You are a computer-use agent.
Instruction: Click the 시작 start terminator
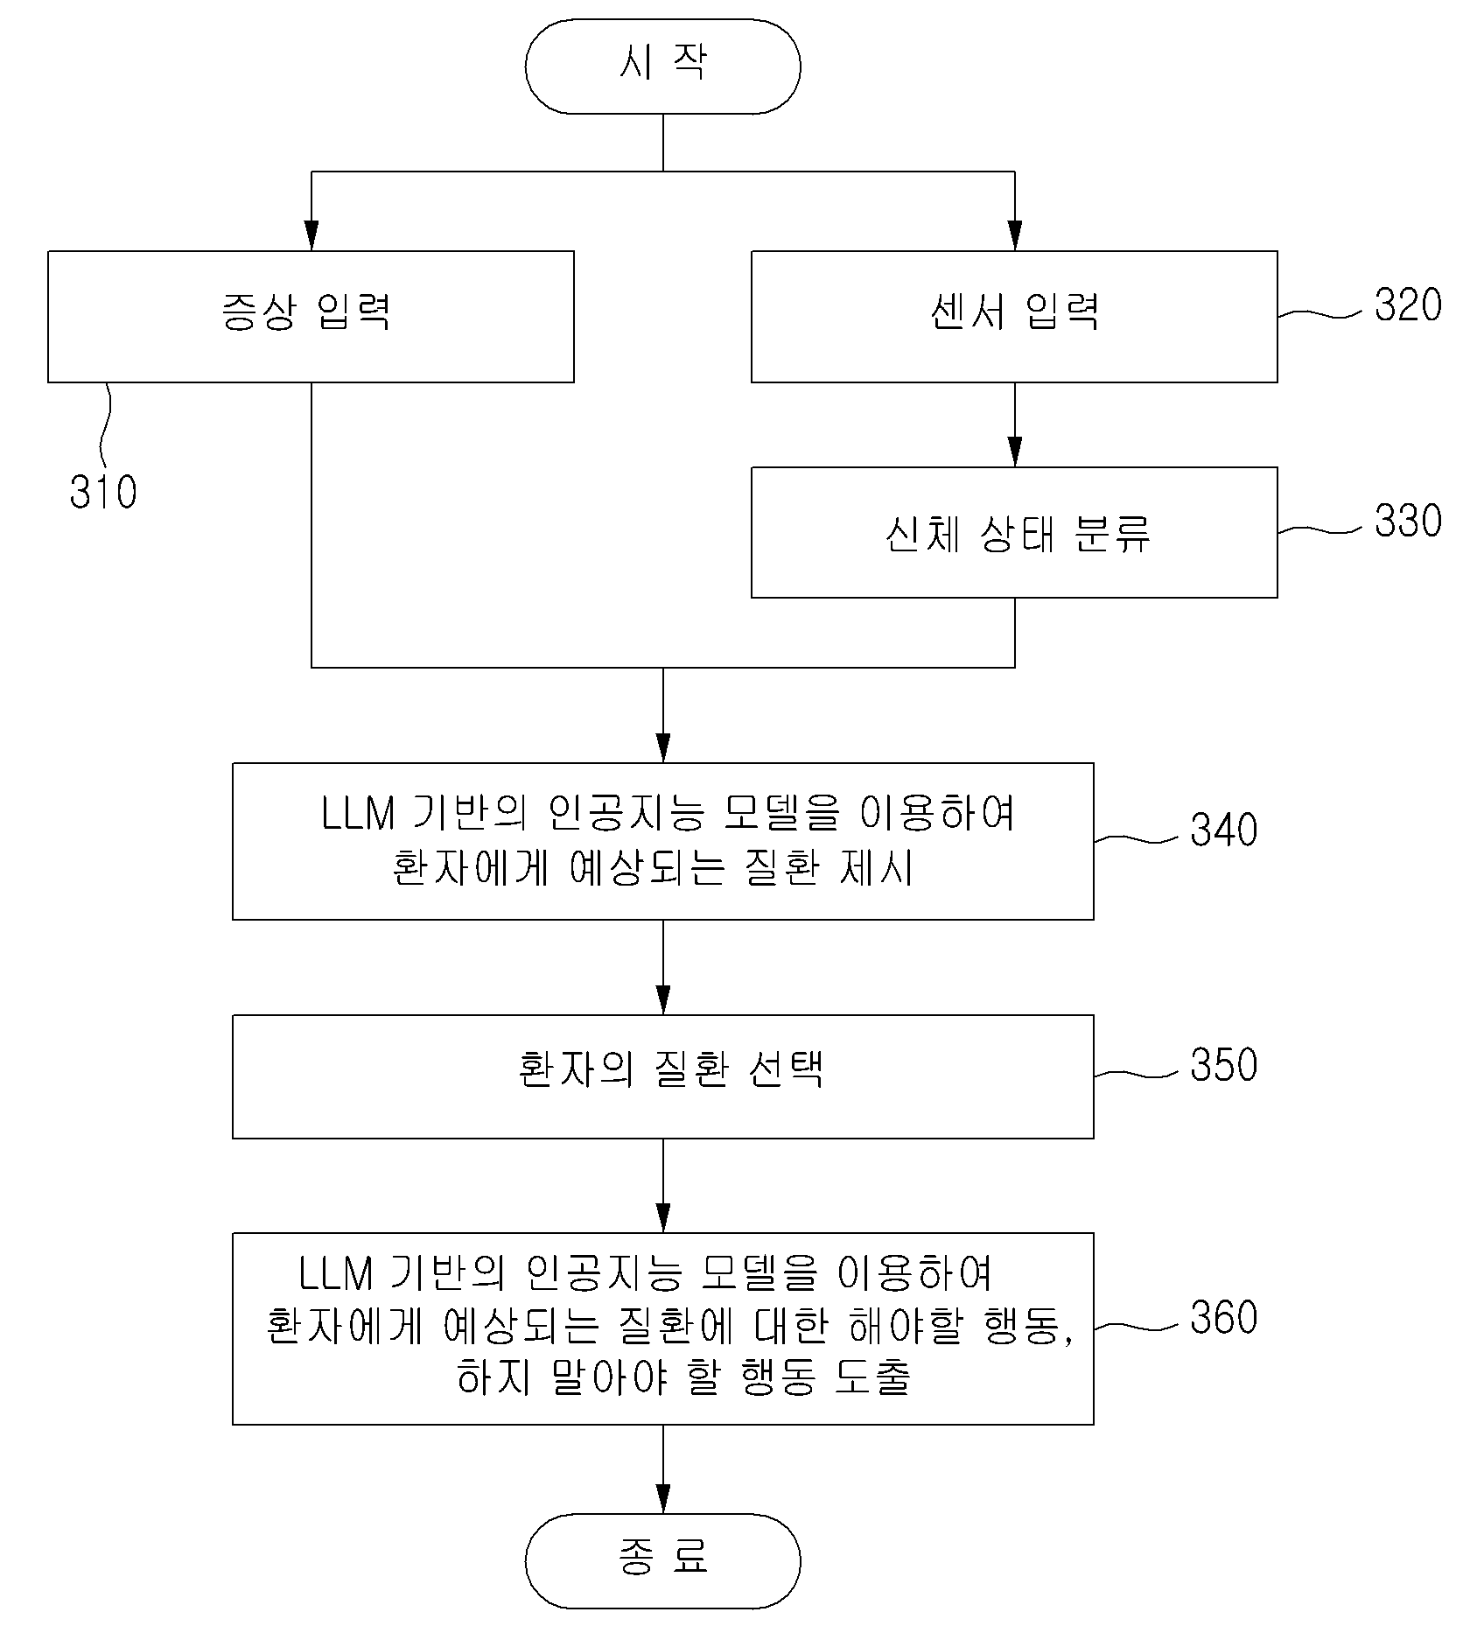tap(662, 67)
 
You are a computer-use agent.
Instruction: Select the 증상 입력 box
tap(311, 317)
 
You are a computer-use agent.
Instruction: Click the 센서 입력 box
tap(1014, 317)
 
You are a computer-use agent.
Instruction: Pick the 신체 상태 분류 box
tap(1014, 532)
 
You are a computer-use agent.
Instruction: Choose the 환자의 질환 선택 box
tap(662, 1076)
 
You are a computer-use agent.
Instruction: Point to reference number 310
tap(103, 492)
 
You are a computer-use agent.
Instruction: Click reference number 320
tap(1408, 305)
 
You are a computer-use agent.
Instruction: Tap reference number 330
tap(1408, 520)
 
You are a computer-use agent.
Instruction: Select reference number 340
tap(1223, 830)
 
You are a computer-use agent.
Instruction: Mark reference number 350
tap(1223, 1065)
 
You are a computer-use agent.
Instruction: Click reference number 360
tap(1223, 1317)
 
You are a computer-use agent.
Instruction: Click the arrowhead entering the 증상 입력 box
tap(311, 235)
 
